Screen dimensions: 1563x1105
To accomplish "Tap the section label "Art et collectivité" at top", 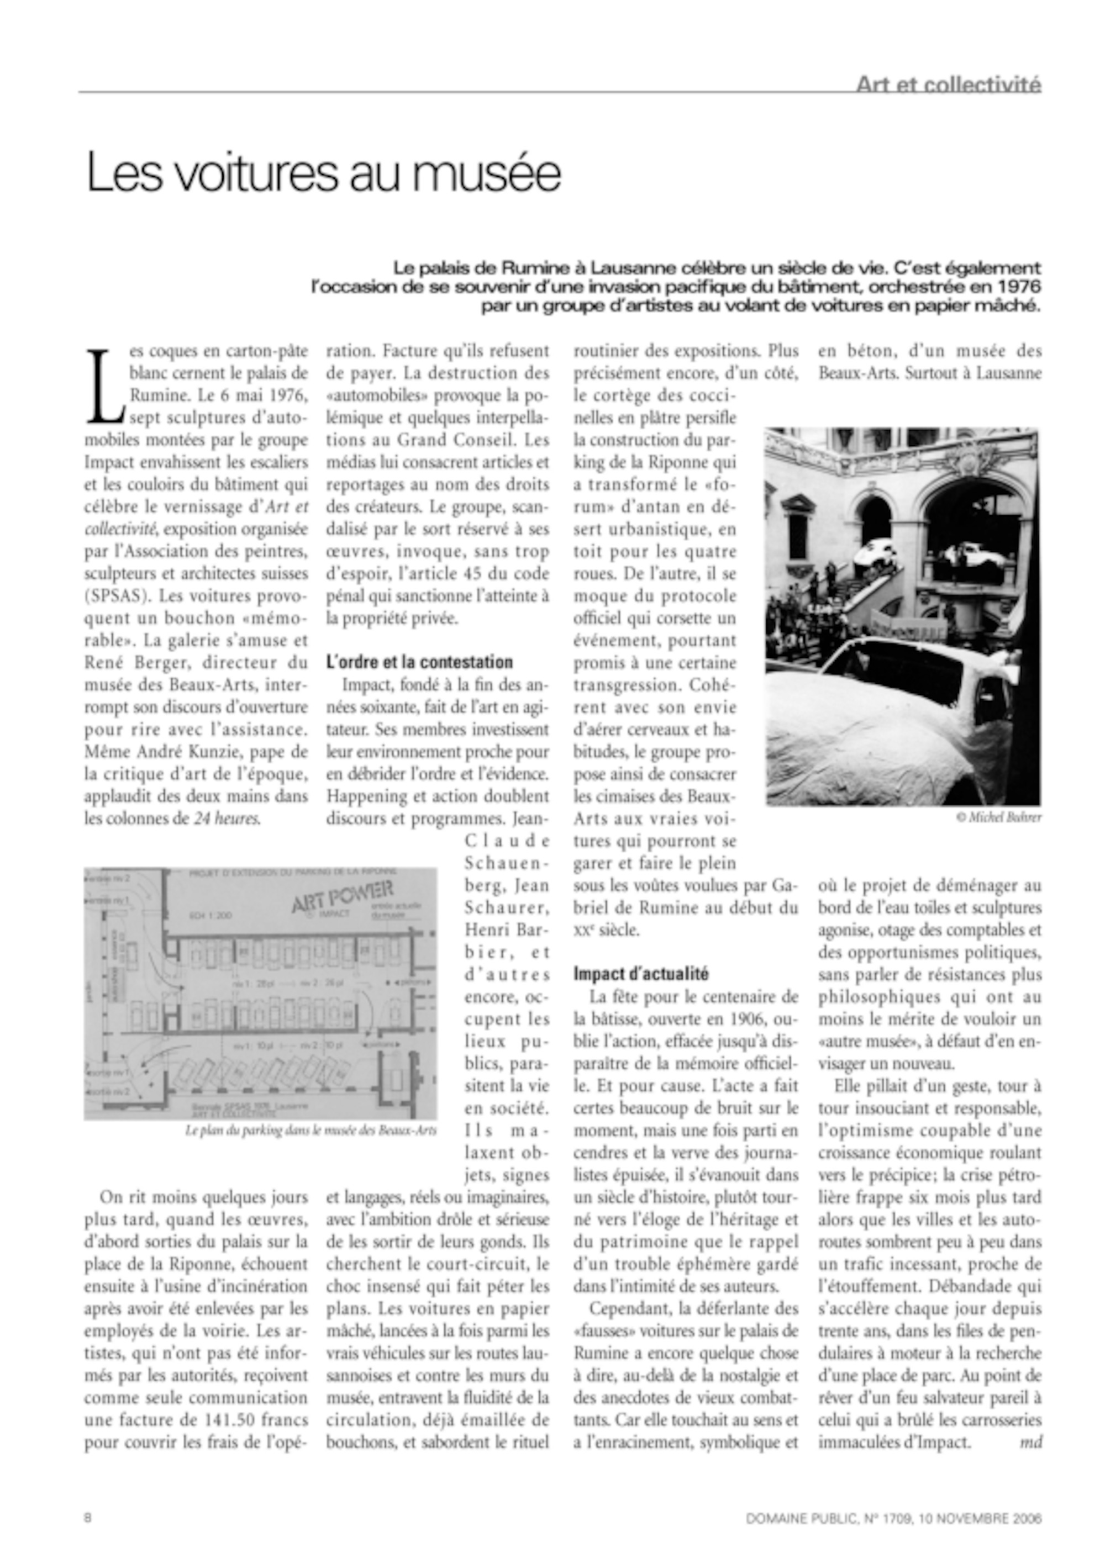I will point(948,85).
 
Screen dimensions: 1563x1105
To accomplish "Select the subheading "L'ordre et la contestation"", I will point(419,662).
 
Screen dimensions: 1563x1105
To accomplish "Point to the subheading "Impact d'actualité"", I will point(641,974).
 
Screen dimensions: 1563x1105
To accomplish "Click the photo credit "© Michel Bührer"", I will point(998,817).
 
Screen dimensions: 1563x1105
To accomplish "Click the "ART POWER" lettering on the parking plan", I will point(342,895).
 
